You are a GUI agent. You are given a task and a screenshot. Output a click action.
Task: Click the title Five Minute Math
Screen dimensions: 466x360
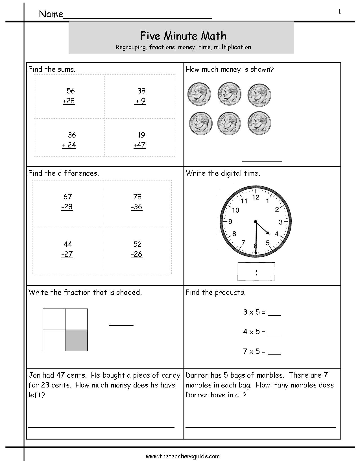(183, 36)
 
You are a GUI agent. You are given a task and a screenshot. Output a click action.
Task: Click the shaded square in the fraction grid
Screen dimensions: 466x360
(76, 340)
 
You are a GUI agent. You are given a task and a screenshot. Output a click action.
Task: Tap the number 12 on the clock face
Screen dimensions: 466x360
(256, 197)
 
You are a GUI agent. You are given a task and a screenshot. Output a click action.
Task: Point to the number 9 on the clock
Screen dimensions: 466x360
(230, 222)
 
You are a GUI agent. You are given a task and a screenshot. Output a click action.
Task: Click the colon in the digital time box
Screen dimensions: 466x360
(256, 272)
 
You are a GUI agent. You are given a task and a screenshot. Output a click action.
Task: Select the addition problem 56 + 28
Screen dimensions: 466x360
(69, 96)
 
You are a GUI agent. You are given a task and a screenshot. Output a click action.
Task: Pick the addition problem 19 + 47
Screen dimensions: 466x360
(139, 140)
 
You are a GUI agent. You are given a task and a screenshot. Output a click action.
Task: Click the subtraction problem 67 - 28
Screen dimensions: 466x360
(67, 202)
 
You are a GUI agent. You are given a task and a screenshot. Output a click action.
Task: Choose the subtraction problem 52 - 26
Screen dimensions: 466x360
(137, 249)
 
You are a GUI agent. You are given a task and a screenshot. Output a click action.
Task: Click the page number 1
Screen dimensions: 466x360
(339, 11)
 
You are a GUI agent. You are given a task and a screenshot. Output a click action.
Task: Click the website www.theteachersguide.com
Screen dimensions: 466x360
(183, 456)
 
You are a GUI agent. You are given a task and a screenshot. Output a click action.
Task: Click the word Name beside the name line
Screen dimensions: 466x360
(51, 14)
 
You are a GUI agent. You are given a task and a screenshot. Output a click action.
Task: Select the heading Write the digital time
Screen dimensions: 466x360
(222, 173)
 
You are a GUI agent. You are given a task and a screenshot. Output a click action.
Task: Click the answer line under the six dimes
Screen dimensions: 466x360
(262, 161)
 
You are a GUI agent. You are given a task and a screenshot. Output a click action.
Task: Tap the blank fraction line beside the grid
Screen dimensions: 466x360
(121, 325)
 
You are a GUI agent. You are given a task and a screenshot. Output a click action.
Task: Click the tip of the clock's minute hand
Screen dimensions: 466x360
(256, 256)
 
